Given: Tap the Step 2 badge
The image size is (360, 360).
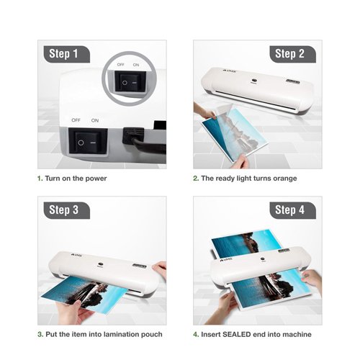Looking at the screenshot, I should pyautogui.click(x=289, y=54).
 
